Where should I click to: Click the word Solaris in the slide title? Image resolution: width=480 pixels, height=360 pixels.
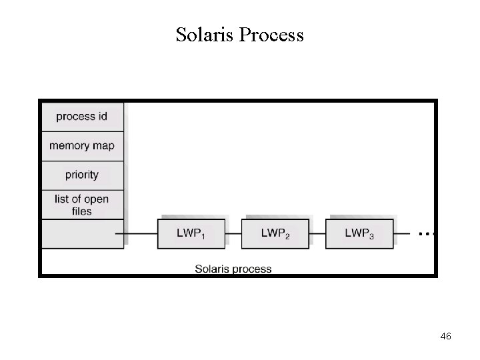coord(203,34)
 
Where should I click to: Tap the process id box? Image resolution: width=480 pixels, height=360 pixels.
coord(82,117)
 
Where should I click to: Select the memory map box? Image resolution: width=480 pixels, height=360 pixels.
coord(82,146)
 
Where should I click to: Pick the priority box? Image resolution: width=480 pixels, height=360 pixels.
coord(82,175)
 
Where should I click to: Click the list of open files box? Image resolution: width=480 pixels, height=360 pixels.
coord(82,205)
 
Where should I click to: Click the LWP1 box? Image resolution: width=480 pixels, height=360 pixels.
coord(191,233)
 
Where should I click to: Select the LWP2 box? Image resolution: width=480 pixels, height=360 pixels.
coord(275,233)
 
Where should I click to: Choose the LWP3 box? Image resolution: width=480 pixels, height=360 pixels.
coord(359,233)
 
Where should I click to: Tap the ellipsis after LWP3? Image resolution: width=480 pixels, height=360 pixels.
coord(426,234)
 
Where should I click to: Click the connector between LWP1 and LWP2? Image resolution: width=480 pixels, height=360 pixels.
coord(233,233)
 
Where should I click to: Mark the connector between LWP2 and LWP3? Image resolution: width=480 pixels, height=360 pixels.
coord(317,233)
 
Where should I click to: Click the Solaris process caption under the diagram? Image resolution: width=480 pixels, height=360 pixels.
coord(233,269)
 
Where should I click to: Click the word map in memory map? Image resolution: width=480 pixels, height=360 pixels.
coord(102,146)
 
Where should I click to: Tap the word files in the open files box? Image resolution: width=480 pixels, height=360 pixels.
coord(81,211)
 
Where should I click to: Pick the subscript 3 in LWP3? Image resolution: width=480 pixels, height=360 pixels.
coord(371,236)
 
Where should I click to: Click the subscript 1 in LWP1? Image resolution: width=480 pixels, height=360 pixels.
coord(203,236)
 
